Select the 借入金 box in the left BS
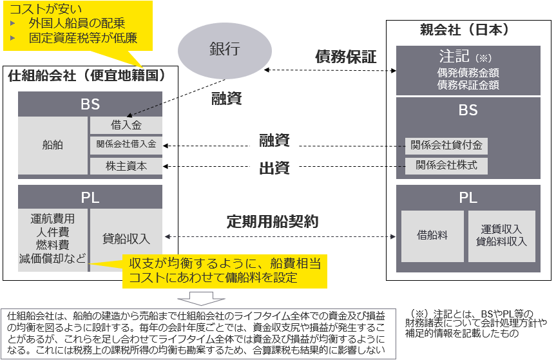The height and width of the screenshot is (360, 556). click(x=126, y=125)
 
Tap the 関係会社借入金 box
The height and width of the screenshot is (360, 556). click(x=126, y=145)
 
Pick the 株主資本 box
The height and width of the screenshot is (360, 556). click(x=126, y=166)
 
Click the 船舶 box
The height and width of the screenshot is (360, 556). click(x=53, y=146)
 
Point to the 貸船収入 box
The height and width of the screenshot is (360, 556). click(x=126, y=239)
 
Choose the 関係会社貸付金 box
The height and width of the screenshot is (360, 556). click(x=446, y=146)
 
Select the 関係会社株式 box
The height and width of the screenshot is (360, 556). click(x=446, y=166)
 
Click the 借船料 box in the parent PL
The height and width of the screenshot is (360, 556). click(x=433, y=236)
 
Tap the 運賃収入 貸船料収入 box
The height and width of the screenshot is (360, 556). click(x=501, y=236)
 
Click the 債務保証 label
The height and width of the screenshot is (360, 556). click(x=345, y=56)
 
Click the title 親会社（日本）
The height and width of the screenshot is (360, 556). click(x=469, y=30)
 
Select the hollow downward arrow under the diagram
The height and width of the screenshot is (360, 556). click(x=200, y=298)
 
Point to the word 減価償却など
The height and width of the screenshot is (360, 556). click(x=53, y=258)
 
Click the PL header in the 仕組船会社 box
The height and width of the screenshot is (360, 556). click(x=90, y=198)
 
